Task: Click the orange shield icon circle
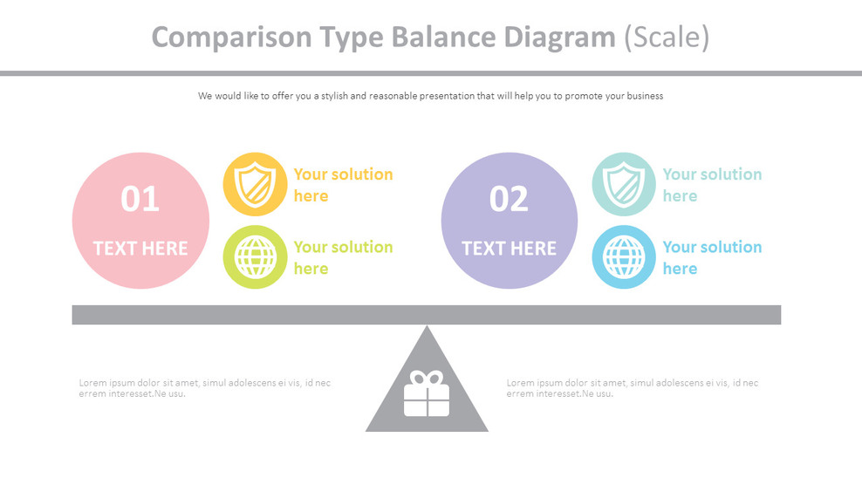pyautogui.click(x=255, y=184)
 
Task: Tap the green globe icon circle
pyautogui.click(x=255, y=257)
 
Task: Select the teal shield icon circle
pyautogui.click(x=624, y=184)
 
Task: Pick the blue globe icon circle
pyautogui.click(x=624, y=257)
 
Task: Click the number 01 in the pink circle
pyautogui.click(x=140, y=199)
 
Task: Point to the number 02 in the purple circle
pyautogui.click(x=510, y=199)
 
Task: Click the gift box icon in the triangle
pyautogui.click(x=427, y=394)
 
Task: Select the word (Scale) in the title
pyautogui.click(x=667, y=37)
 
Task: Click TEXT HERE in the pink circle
pyautogui.click(x=140, y=249)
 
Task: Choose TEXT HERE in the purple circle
pyautogui.click(x=510, y=249)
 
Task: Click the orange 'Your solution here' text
pyautogui.click(x=343, y=185)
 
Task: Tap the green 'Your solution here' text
pyautogui.click(x=343, y=257)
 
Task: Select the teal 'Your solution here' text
pyautogui.click(x=712, y=185)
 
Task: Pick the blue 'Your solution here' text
pyautogui.click(x=712, y=257)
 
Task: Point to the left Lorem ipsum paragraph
pyautogui.click(x=205, y=388)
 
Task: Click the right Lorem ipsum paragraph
pyautogui.click(x=633, y=388)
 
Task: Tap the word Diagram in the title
pyautogui.click(x=561, y=37)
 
